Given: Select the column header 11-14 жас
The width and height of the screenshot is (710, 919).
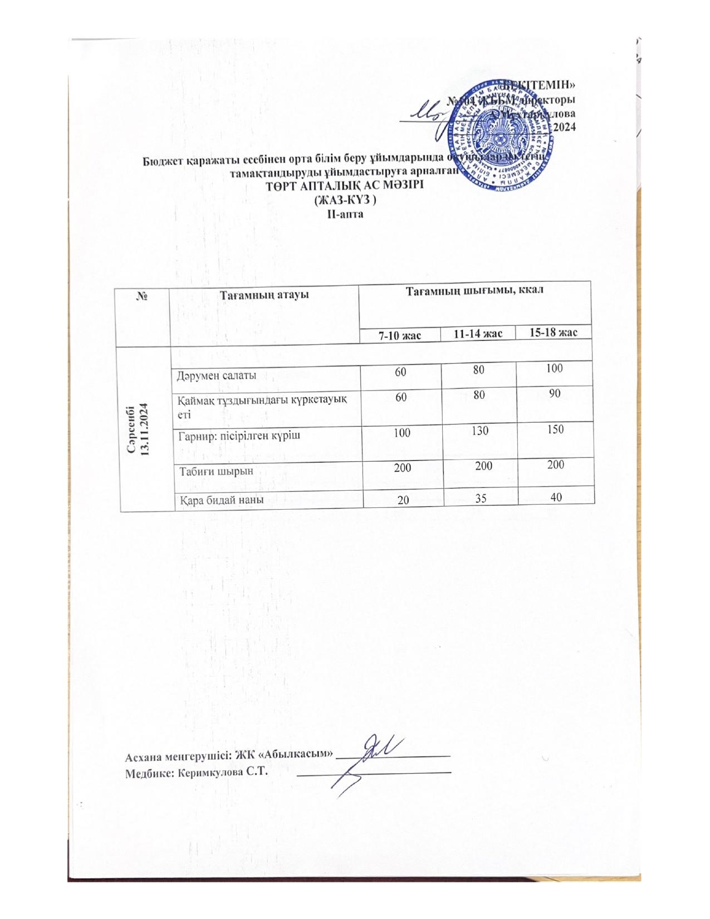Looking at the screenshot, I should point(478,334).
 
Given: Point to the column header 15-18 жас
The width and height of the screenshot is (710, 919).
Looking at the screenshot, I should point(554,333).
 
